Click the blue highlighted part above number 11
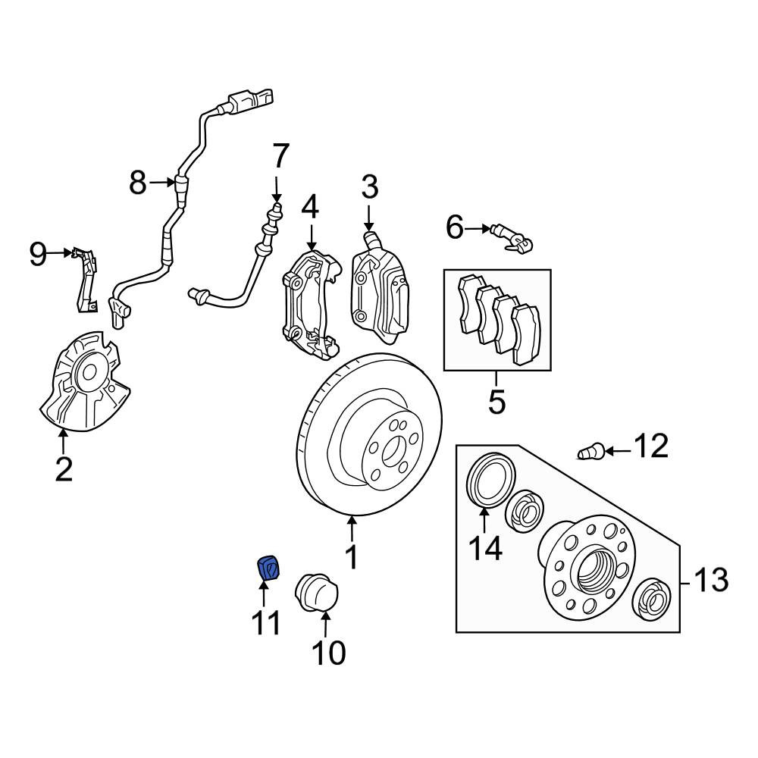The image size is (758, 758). [268, 568]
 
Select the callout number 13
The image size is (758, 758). [711, 579]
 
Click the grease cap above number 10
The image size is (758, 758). [316, 594]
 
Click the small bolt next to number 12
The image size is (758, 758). [590, 452]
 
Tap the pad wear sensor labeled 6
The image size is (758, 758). [512, 238]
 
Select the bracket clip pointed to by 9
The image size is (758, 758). [85, 280]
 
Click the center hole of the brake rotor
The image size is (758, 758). [390, 453]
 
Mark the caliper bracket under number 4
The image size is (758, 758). [310, 305]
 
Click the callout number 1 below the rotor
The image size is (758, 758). [352, 557]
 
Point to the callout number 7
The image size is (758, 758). [281, 156]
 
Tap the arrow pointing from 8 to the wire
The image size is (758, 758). [161, 182]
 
